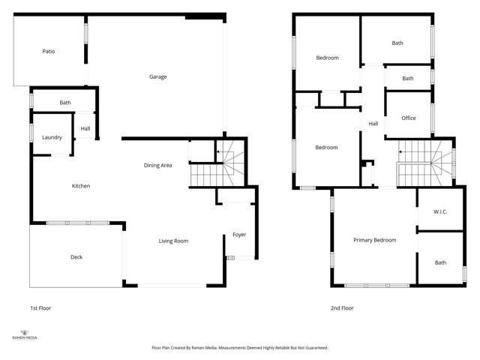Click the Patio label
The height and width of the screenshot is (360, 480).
tap(49, 52)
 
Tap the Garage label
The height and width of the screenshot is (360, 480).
tap(157, 76)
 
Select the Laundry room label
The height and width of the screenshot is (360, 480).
tap(52, 137)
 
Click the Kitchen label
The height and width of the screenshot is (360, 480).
tap(81, 186)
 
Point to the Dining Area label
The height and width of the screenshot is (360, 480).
tap(158, 165)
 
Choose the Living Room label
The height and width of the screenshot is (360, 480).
tap(173, 241)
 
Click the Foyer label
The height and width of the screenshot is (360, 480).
tap(239, 235)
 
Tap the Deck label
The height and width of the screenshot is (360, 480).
tap(76, 257)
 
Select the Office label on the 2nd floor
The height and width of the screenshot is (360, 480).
tap(409, 118)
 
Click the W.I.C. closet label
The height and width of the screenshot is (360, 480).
tap(440, 212)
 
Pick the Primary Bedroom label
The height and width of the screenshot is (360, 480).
tap(375, 240)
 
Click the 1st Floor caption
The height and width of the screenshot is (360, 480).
tap(40, 308)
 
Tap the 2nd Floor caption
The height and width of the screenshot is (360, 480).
tap(342, 308)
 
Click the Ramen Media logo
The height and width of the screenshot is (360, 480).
tap(24, 334)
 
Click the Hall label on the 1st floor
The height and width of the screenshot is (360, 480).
tap(85, 128)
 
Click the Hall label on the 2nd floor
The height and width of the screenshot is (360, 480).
tap(373, 124)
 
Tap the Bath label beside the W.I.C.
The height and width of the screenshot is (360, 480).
tap(440, 262)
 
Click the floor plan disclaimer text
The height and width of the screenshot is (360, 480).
tap(240, 348)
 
